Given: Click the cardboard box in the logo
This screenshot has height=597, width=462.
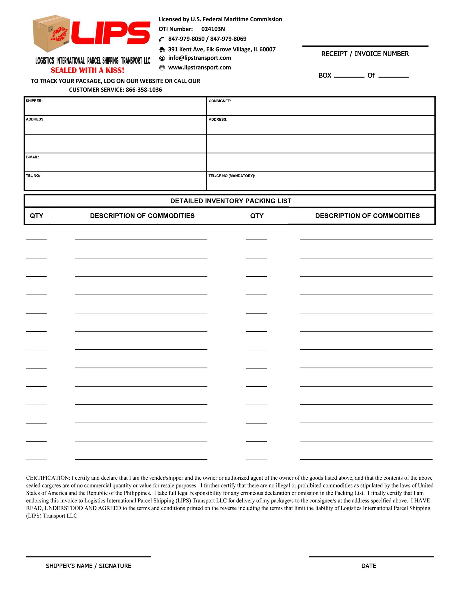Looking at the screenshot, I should [51, 33].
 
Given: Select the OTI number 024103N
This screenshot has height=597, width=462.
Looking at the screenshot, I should [213, 29].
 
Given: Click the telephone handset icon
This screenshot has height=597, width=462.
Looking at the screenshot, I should [162, 39].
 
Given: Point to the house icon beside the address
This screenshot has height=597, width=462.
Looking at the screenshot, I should [162, 50].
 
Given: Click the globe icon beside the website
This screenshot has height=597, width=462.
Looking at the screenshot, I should [162, 68].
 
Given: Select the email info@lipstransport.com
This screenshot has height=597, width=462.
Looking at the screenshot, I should [200, 58].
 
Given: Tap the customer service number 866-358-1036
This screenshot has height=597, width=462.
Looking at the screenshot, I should [144, 90].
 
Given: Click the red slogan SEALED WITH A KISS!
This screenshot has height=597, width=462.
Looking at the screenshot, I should [87, 70].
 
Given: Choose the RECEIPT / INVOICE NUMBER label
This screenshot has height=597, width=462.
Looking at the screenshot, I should [365, 54].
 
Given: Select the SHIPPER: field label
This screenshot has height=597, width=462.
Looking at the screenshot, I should [34, 101].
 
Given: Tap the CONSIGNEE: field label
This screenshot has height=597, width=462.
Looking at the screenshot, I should [220, 101].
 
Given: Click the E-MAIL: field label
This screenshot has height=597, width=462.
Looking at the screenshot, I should [32, 157].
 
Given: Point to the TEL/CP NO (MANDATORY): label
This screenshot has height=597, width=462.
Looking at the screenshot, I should [232, 176].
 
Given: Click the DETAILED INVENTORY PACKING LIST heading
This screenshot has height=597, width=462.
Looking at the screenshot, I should [231, 201].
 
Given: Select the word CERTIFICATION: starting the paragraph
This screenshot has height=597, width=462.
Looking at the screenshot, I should [48, 478].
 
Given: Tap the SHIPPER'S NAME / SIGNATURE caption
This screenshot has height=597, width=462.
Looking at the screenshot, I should [88, 566].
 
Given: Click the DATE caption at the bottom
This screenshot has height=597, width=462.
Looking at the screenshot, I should [368, 566].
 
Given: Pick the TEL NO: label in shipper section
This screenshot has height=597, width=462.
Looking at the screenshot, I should [33, 176].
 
